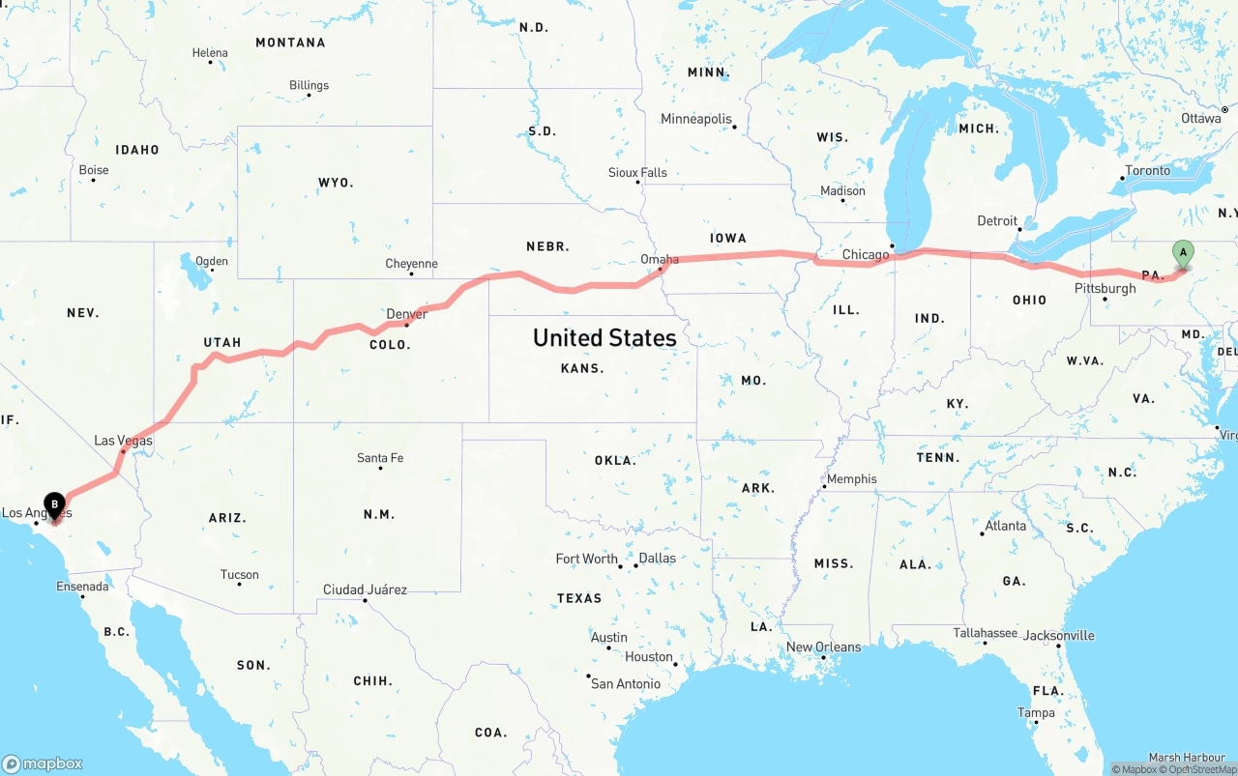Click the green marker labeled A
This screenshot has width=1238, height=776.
[1182, 253]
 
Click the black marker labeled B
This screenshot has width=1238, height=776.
[56, 504]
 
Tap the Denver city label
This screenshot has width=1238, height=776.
[406, 314]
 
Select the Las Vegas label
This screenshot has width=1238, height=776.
[123, 441]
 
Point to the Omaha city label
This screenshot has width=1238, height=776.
[660, 259]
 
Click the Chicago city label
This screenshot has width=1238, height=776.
[865, 255]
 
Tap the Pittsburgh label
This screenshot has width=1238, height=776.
[1105, 288]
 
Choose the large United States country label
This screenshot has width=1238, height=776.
[604, 337]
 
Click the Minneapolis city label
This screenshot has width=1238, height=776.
[696, 119]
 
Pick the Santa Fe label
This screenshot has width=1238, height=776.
[380, 457]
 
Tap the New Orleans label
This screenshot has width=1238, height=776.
[823, 647]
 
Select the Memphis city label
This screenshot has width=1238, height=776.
[851, 478]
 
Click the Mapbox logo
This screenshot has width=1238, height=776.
[43, 762]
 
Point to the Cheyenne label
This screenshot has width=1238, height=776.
[411, 263]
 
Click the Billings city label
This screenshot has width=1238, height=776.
[309, 85]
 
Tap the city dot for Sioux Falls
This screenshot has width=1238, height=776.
[638, 182]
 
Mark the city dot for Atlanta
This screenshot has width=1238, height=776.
[983, 533]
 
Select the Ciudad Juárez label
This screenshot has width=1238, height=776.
[365, 589]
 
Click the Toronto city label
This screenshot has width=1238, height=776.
[1147, 170]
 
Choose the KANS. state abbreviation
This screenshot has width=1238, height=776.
[582, 368]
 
